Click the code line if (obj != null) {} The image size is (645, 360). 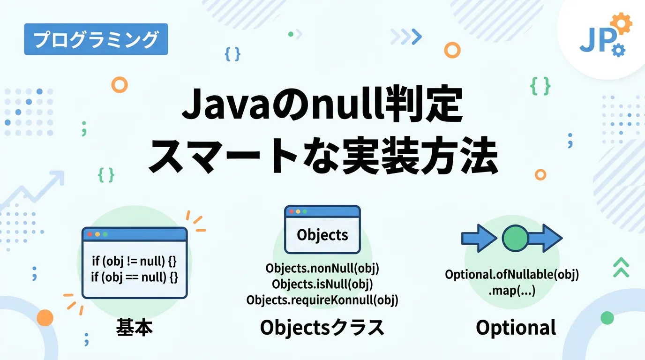point(135,261)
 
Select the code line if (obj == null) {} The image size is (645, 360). point(135,277)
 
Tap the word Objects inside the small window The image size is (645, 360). point(322,234)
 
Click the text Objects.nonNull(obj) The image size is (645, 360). point(322,269)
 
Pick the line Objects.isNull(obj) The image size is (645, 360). point(322,285)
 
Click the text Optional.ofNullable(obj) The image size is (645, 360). point(512,275)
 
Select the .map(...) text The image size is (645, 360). point(512,291)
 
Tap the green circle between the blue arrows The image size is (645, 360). point(515,239)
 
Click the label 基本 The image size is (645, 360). point(135,328)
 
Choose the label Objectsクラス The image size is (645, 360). point(322,328)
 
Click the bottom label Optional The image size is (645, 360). point(516,328)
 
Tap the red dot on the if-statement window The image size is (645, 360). point(90,234)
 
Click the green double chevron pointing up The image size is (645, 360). point(621,267)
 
